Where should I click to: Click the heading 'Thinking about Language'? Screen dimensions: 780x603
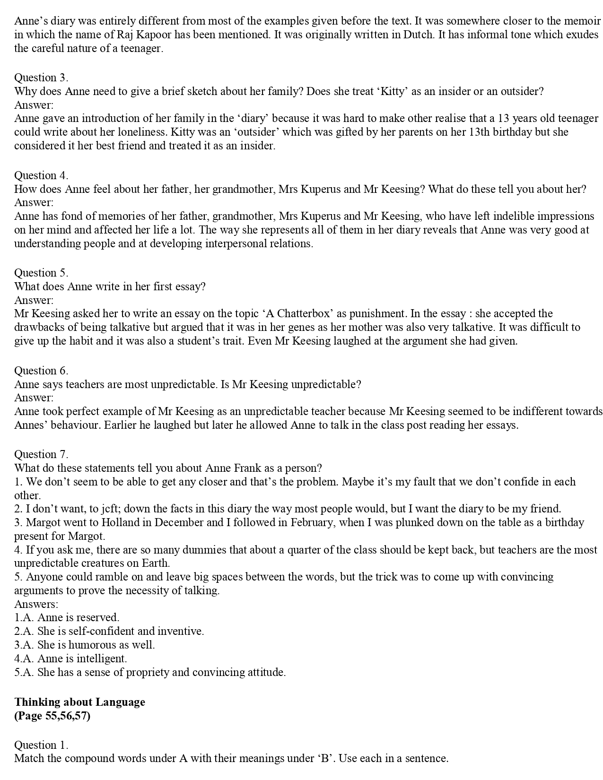pyautogui.click(x=79, y=702)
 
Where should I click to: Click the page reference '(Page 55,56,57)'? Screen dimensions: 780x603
pyautogui.click(x=52, y=716)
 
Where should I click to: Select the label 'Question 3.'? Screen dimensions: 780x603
pyautogui.click(x=41, y=78)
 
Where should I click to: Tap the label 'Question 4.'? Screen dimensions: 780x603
pyautogui.click(x=41, y=175)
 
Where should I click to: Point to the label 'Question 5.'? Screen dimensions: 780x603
pyautogui.click(x=41, y=273)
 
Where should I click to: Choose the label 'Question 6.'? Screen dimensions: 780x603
pyautogui.click(x=41, y=371)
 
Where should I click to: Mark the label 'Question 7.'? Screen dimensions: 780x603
pyautogui.click(x=41, y=454)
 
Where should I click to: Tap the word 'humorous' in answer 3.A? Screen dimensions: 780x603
pyautogui.click(x=104, y=645)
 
